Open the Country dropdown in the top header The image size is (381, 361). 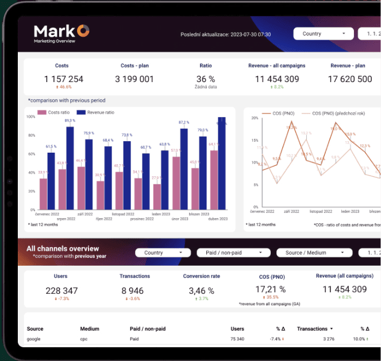(324, 34)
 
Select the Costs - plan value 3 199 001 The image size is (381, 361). (134, 79)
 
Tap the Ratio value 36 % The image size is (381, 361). (206, 79)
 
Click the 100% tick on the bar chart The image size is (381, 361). (30, 117)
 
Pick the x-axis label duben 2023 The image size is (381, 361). (217, 219)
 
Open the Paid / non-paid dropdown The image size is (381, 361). (233, 253)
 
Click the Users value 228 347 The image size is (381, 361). (61, 291)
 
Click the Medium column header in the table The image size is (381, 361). (89, 329)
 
